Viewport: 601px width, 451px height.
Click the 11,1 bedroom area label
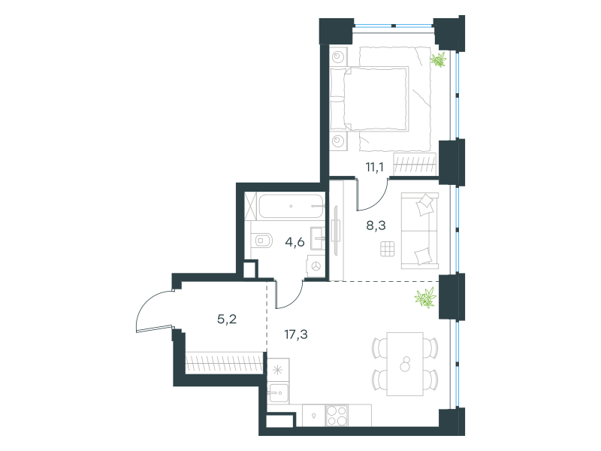(x=374, y=167)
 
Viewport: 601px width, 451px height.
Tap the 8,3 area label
(x=376, y=225)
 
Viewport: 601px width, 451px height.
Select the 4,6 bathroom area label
(x=294, y=242)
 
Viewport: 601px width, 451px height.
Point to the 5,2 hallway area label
(x=227, y=319)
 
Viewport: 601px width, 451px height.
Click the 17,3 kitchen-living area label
(x=296, y=334)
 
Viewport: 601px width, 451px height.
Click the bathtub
(x=291, y=206)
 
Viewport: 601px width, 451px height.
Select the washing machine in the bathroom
(x=316, y=266)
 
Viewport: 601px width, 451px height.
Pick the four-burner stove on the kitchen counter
(x=337, y=416)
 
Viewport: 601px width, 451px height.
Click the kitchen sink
(x=278, y=393)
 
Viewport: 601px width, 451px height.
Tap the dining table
(x=405, y=364)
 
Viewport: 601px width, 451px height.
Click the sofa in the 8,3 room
(x=420, y=231)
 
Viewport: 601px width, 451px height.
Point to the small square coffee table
(x=387, y=249)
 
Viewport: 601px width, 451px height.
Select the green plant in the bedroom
(x=438, y=60)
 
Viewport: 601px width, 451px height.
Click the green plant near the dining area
(x=426, y=298)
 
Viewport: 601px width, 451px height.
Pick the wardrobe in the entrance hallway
(x=225, y=363)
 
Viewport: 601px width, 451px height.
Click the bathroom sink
(x=317, y=238)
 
